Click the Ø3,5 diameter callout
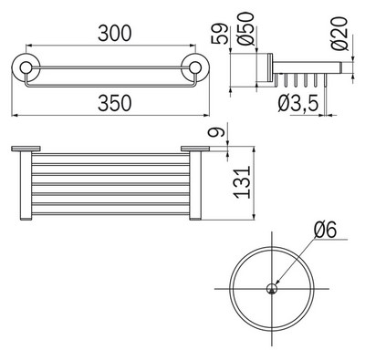(x=299, y=107)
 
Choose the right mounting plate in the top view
(x=195, y=147)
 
